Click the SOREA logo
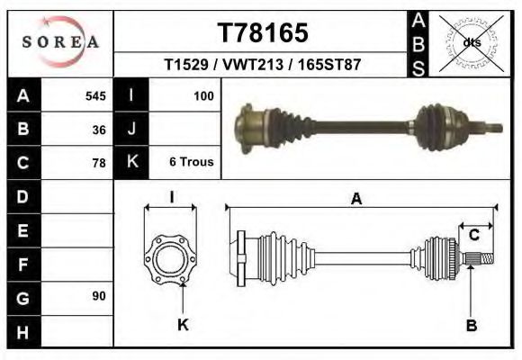coord(60,42)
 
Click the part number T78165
coord(263,33)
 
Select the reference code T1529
coord(185,66)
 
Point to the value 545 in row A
coord(95,95)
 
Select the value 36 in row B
coord(99,129)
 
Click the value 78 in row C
coord(99,163)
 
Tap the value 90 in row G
coord(99,296)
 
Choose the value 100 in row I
coord(202,95)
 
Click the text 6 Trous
coord(192,162)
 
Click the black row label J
coord(131,129)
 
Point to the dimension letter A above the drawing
coord(356,199)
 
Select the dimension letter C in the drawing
coord(473,235)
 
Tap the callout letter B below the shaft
coord(471,326)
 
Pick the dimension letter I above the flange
coord(171,197)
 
